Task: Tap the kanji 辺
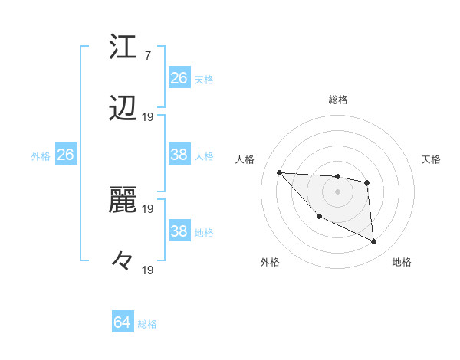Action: pos(123,110)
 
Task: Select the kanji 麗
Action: pos(123,200)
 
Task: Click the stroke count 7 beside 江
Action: pos(148,55)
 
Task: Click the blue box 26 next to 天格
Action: pos(179,77)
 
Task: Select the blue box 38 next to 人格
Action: pos(179,155)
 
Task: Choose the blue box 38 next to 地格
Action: pos(179,231)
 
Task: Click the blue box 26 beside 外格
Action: pos(65,155)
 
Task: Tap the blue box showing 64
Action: pos(122,322)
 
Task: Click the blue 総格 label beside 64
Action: pos(148,324)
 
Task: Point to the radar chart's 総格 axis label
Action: pos(337,100)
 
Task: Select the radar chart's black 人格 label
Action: pos(246,159)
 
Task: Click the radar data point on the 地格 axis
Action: pos(374,242)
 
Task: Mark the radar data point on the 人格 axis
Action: pos(279,172)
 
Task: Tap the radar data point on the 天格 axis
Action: pos(367,182)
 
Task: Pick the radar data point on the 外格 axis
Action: pos(319,217)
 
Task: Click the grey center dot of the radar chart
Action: pos(337,191)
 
